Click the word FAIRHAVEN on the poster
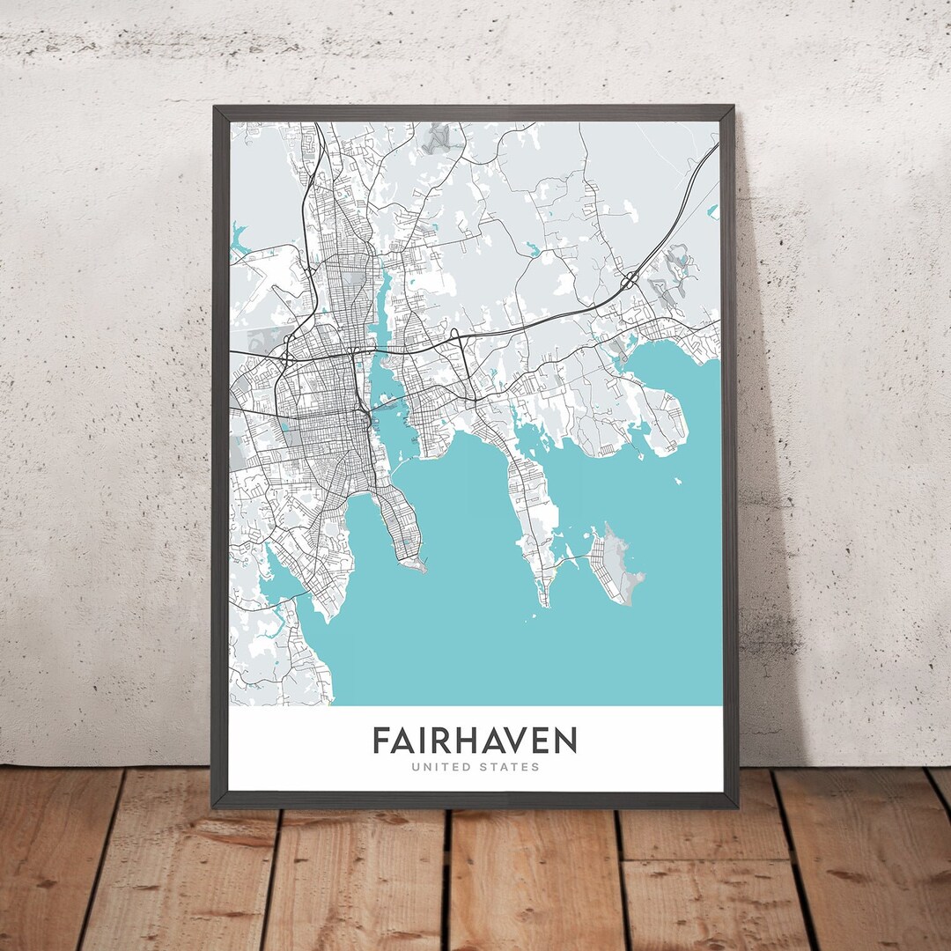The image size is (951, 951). (475, 740)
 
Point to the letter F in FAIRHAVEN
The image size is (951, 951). (380, 740)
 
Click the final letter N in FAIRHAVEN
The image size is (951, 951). (565, 740)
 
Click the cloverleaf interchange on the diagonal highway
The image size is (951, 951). (630, 281)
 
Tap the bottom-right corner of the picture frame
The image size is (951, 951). (736, 805)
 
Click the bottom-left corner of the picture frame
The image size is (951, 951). (214, 805)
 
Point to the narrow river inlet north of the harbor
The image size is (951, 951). (384, 299)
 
